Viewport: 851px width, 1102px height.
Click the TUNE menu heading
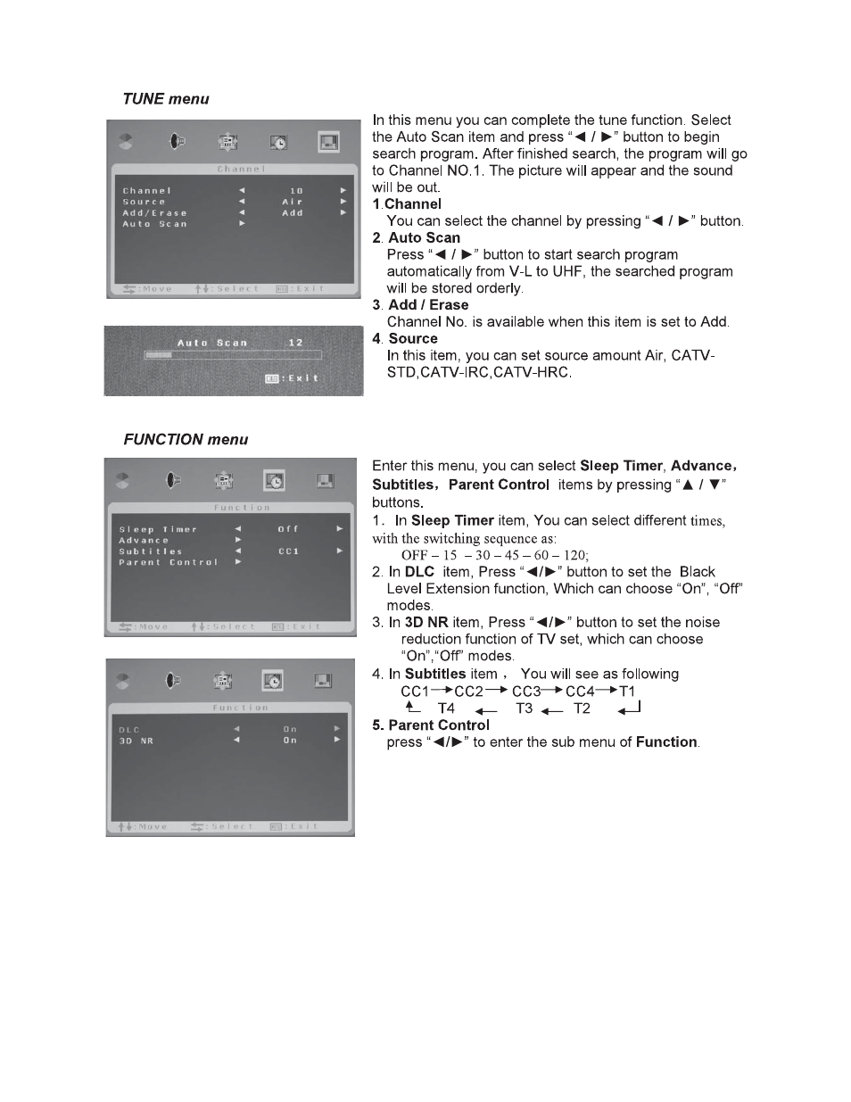(166, 99)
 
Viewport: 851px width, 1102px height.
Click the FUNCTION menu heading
(186, 440)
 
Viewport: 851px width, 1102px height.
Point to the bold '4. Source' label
(405, 339)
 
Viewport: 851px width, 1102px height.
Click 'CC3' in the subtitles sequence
(526, 692)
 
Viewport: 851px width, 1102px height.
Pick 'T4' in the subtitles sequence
(446, 708)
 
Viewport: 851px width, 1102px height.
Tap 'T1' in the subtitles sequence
(627, 692)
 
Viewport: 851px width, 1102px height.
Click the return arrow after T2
(629, 708)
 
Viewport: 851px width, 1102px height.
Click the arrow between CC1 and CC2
(442, 691)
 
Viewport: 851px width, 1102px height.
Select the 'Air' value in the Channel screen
(293, 203)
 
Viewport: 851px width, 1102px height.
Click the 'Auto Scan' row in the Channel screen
(155, 224)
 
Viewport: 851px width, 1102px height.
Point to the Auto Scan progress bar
(233, 355)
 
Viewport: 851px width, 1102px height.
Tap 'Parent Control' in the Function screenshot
(169, 563)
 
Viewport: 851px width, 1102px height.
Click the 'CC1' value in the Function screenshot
(288, 551)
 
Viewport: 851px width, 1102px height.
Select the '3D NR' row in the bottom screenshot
(136, 741)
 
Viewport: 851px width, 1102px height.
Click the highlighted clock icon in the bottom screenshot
(273, 681)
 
